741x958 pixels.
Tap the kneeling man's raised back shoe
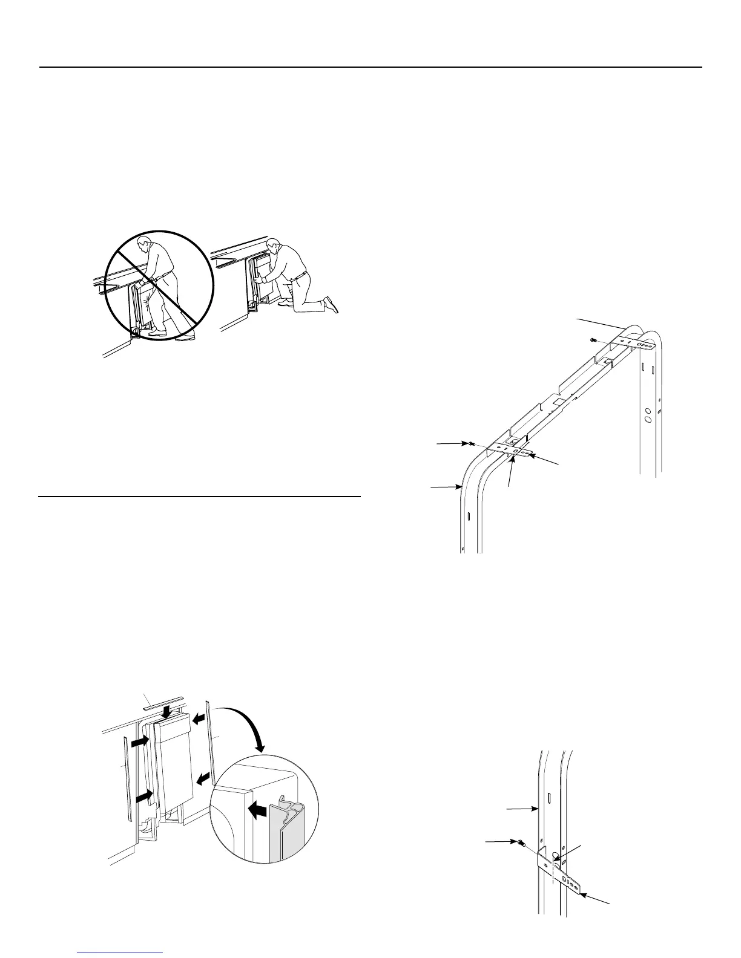(331, 304)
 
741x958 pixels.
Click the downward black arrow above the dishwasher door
(166, 713)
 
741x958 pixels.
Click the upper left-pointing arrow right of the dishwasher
(199, 718)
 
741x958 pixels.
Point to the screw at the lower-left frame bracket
(470, 444)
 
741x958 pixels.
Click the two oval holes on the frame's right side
(647, 415)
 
